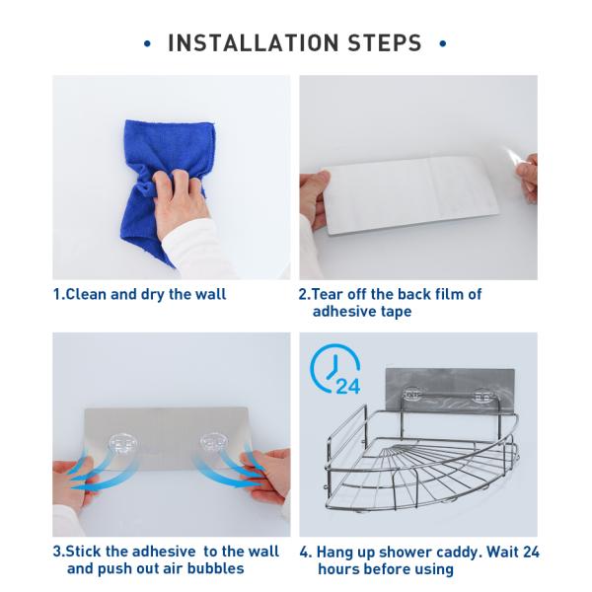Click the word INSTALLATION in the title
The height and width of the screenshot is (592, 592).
point(253,42)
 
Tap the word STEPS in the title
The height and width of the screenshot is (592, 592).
point(385,42)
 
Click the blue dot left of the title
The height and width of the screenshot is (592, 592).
point(147,43)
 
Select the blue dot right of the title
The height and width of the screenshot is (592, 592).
point(443,43)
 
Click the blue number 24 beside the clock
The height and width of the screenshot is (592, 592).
point(347,386)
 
